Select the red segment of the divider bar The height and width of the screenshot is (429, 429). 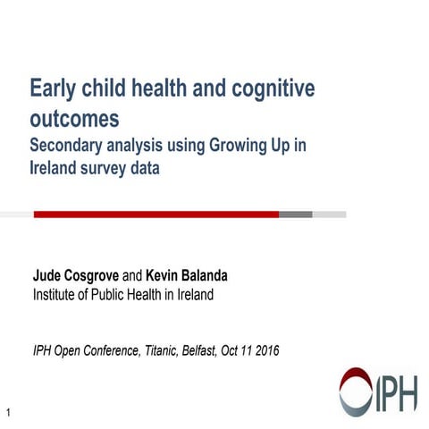pyautogui.click(x=156, y=214)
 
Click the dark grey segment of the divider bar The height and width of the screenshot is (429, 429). pyautogui.click(x=295, y=214)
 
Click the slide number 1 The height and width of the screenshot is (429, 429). pyautogui.click(x=8, y=412)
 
